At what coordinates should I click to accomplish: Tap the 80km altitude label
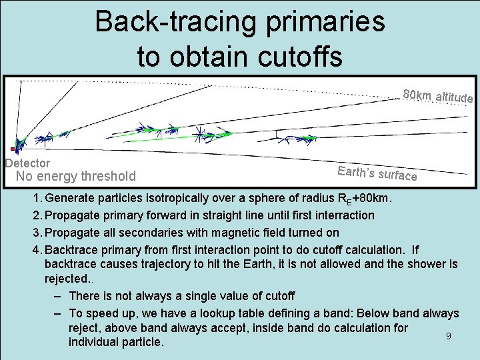pos(437,97)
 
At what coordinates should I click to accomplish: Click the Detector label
pos(27,163)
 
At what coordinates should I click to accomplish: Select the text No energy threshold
pos(75,177)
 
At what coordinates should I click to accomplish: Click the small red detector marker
pos(13,149)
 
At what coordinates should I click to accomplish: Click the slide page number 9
pos(449,336)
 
